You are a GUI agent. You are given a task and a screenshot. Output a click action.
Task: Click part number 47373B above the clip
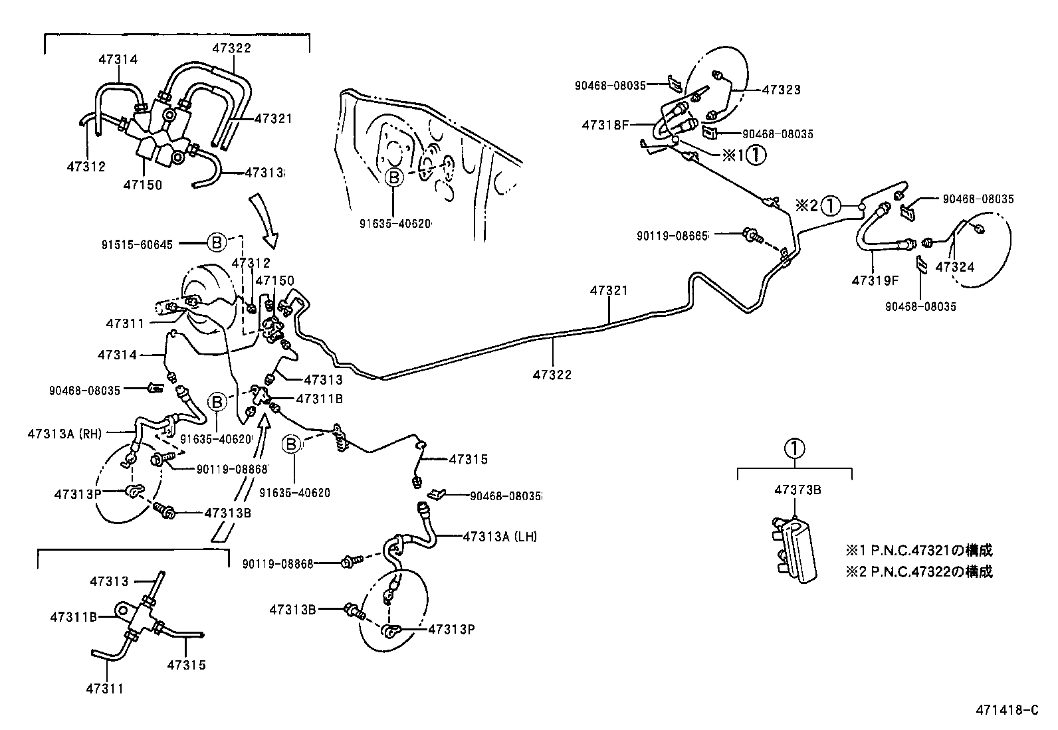pyautogui.click(x=797, y=490)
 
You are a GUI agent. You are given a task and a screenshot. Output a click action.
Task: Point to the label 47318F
pyautogui.click(x=605, y=124)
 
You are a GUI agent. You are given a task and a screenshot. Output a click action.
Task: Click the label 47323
pyautogui.click(x=781, y=90)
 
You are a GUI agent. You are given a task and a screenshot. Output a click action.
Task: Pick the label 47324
pyautogui.click(x=954, y=267)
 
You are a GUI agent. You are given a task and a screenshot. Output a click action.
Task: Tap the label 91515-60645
pyautogui.click(x=137, y=244)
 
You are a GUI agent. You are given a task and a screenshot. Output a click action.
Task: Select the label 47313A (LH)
pyautogui.click(x=500, y=536)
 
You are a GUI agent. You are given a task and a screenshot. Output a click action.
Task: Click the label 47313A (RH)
pyautogui.click(x=65, y=434)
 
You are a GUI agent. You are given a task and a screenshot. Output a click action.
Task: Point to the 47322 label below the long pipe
pyautogui.click(x=552, y=375)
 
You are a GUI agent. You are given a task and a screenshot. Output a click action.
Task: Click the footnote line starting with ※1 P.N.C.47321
pyautogui.click(x=918, y=551)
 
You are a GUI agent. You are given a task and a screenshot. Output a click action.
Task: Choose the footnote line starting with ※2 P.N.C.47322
pyautogui.click(x=918, y=572)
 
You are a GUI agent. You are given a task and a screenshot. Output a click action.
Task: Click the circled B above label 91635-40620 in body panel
pyautogui.click(x=394, y=177)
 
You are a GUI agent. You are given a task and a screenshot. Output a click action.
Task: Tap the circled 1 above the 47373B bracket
pyautogui.click(x=794, y=448)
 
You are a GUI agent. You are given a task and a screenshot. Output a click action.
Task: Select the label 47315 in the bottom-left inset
pyautogui.click(x=186, y=664)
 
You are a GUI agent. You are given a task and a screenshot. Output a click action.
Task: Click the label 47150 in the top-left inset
pyautogui.click(x=142, y=185)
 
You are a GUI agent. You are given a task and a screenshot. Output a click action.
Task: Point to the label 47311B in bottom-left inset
pyautogui.click(x=73, y=616)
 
